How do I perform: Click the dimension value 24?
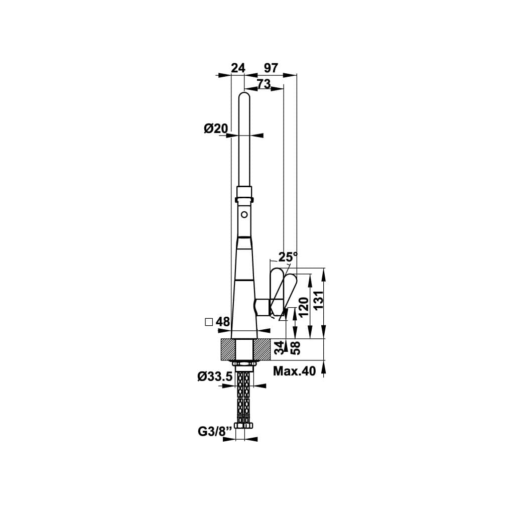point(238,68)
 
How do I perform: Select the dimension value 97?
point(271,68)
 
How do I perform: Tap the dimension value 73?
point(264,84)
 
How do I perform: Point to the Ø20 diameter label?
point(216,128)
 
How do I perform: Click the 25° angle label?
point(288,256)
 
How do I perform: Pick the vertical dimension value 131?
point(318,300)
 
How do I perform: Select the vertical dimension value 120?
point(304,307)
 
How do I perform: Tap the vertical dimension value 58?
point(295,348)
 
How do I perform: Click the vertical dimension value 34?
point(279,348)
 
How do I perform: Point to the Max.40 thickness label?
point(294,371)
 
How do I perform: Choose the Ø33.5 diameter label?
point(215,376)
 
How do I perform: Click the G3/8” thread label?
point(215,431)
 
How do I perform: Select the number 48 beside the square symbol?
point(223,322)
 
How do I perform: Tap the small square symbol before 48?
point(209,322)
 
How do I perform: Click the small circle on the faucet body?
point(244,215)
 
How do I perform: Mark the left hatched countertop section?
point(229,349)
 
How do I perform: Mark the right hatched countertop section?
point(262,349)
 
